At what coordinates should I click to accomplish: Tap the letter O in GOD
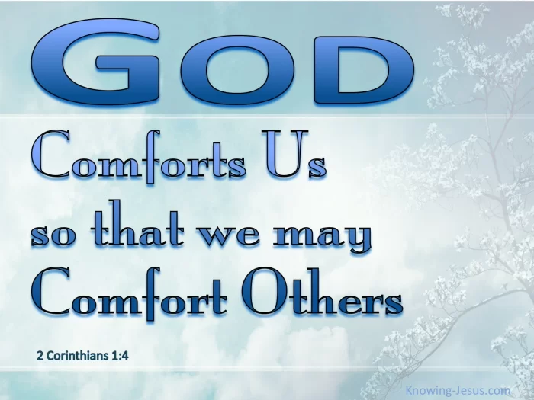tap(237, 70)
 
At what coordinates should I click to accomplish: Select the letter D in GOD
tap(364, 70)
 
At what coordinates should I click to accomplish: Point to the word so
tap(53, 235)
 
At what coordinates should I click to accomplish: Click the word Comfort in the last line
tap(129, 293)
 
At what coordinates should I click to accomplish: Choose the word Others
tap(323, 291)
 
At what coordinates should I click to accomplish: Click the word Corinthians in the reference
tap(77, 356)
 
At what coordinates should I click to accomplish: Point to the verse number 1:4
tap(120, 356)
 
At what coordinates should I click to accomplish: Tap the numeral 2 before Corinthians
tap(40, 356)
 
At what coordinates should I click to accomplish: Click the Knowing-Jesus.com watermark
tap(458, 390)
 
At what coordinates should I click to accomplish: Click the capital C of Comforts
tap(50, 154)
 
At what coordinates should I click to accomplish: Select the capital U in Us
tap(285, 154)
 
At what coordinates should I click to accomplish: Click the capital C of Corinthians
tap(50, 356)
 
